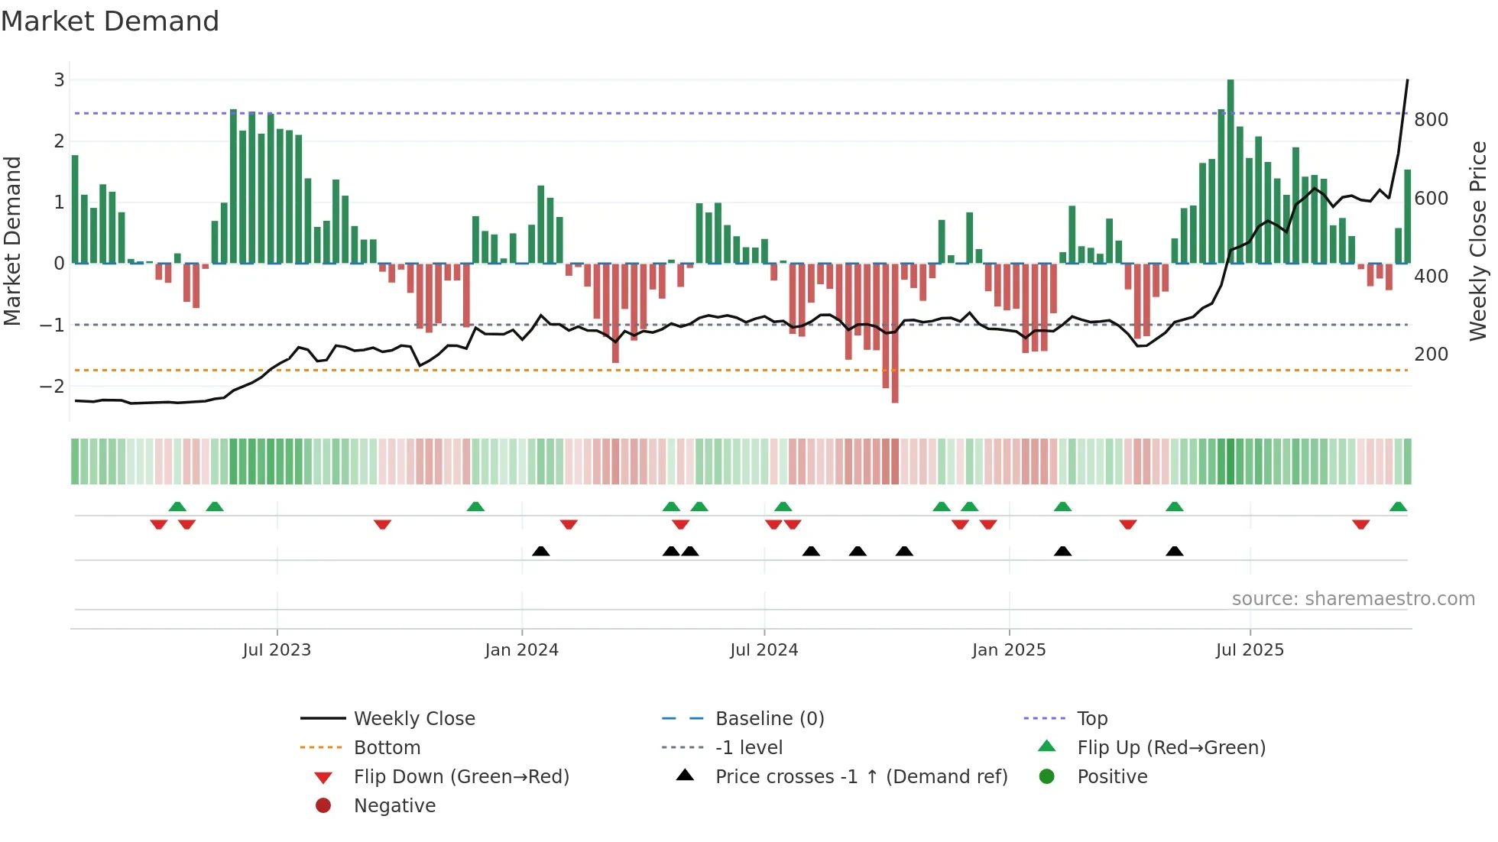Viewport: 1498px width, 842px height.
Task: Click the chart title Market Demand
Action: pyautogui.click(x=110, y=21)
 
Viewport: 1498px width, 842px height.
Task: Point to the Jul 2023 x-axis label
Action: pyautogui.click(x=277, y=650)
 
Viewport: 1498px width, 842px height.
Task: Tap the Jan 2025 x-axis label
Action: pyautogui.click(x=1009, y=650)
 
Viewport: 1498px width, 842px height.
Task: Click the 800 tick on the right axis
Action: pyautogui.click(x=1431, y=120)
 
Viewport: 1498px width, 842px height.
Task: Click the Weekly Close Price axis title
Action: pyautogui.click(x=1478, y=241)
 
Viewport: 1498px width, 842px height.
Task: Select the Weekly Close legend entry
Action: pyautogui.click(x=413, y=718)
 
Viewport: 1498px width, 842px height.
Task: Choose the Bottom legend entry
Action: pyautogui.click(x=387, y=747)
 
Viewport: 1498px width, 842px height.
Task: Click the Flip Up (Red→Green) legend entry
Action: pyautogui.click(x=1171, y=747)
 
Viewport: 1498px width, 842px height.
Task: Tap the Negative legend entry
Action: pyautogui.click(x=394, y=805)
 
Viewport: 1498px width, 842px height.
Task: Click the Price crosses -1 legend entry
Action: pyautogui.click(x=861, y=776)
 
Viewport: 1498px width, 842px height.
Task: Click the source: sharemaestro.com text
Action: pyautogui.click(x=1353, y=599)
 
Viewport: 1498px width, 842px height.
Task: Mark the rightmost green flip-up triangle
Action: pyautogui.click(x=1398, y=507)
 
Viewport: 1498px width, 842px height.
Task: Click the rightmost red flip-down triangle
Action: pyautogui.click(x=1360, y=524)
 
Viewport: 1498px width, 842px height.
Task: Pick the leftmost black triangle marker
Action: pyautogui.click(x=540, y=551)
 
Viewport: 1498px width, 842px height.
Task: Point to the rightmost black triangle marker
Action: pyautogui.click(x=1175, y=551)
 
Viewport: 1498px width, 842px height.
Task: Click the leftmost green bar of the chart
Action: pyautogui.click(x=75, y=210)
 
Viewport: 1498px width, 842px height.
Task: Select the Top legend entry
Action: pyautogui.click(x=1092, y=718)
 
